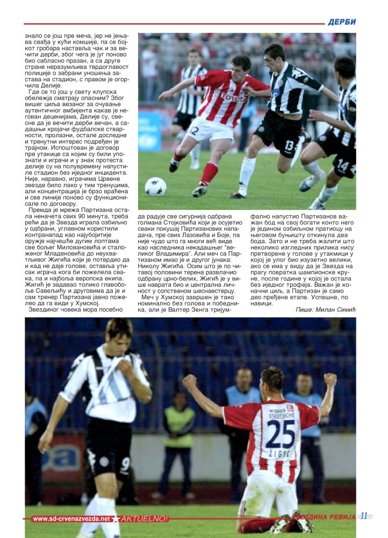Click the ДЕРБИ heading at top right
pos(342,22)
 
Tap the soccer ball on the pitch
pos(155,186)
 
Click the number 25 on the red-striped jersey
pos(281,434)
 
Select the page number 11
pos(364,516)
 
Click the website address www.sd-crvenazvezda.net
pos(70,519)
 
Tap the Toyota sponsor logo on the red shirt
pos(233,97)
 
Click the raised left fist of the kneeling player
pos(189,381)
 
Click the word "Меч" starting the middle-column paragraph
pos(148,296)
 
